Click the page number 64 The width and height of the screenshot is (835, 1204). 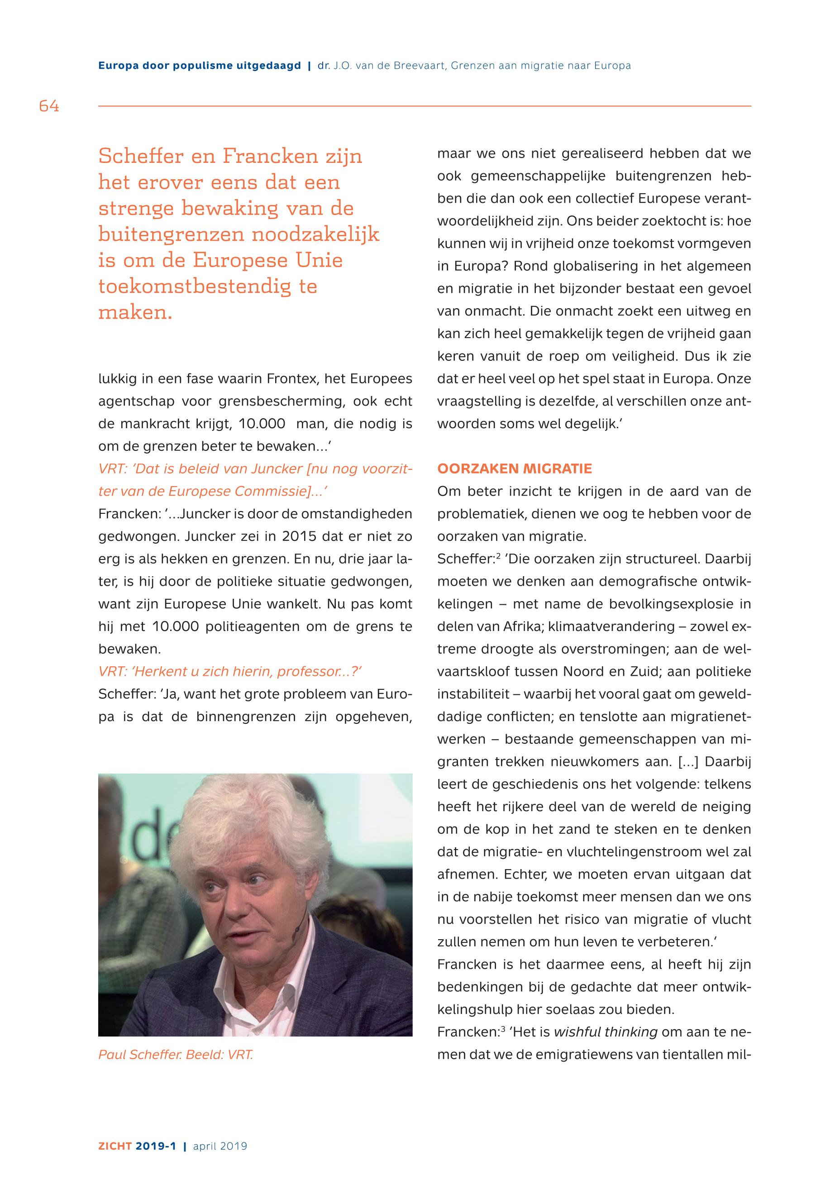click(49, 106)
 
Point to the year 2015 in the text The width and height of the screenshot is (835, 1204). click(299, 536)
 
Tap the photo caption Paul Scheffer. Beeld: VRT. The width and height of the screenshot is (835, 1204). click(176, 1054)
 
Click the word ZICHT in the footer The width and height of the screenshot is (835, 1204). click(115, 1147)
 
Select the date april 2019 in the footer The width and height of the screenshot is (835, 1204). click(220, 1147)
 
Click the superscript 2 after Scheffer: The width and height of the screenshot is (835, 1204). click(499, 556)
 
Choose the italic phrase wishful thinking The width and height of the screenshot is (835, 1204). click(606, 1032)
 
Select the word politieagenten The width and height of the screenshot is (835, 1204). click(253, 626)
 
